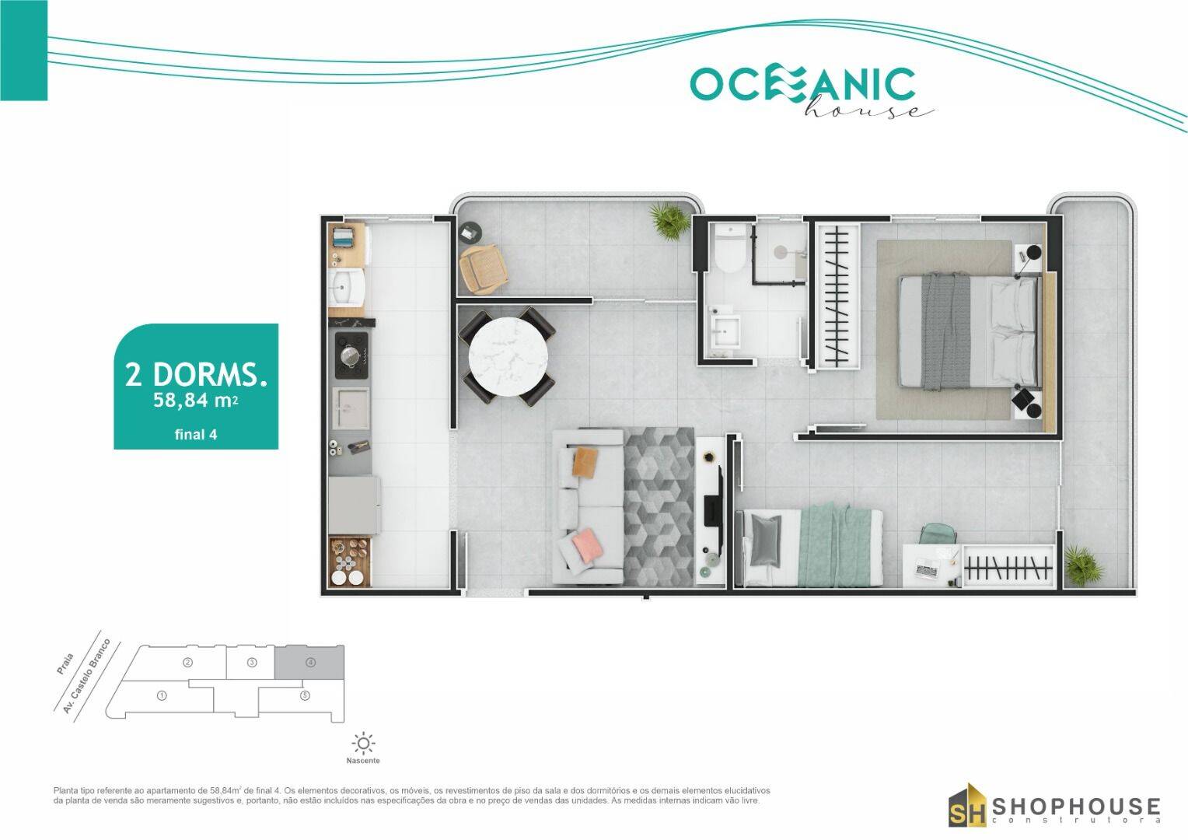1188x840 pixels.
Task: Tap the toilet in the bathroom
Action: [729, 250]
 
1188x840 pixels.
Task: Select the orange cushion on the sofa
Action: [585, 462]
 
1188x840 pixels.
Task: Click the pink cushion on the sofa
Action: [585, 548]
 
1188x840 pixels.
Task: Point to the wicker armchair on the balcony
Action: [484, 268]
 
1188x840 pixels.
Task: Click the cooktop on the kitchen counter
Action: [351, 355]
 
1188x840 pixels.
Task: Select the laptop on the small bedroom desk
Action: [928, 571]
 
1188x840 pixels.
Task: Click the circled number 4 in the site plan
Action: [310, 663]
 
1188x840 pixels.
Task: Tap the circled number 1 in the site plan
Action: [162, 695]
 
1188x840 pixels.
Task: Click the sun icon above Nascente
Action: [363, 742]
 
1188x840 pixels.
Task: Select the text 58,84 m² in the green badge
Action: [196, 401]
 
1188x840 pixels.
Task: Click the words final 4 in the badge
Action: [196, 435]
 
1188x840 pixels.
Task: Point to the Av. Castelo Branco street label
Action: [87, 677]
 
